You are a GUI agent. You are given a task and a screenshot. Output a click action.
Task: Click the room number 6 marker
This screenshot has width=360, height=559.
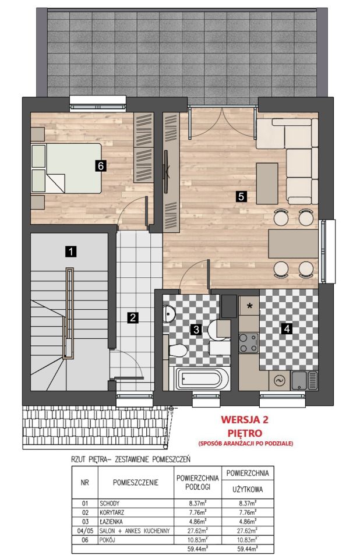click(x=101, y=166)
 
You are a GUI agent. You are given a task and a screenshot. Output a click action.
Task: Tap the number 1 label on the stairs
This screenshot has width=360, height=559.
click(x=71, y=252)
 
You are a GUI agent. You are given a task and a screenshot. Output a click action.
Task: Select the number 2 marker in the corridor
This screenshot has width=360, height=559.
click(x=133, y=317)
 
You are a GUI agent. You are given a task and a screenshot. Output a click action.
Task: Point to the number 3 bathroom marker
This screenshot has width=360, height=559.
click(x=196, y=330)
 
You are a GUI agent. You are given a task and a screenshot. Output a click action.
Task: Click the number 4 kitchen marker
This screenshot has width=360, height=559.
click(x=287, y=328)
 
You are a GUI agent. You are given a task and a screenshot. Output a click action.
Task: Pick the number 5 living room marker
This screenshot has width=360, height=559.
click(x=242, y=196)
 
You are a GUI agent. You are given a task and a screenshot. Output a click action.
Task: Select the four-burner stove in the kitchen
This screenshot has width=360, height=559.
click(x=248, y=342)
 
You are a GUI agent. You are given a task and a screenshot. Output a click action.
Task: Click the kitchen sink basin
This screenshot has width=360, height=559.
click(x=299, y=381)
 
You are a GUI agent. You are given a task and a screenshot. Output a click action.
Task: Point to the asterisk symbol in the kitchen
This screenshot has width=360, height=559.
click(x=250, y=306)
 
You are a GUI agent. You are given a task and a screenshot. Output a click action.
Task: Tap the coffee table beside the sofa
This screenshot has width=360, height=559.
click(x=267, y=183)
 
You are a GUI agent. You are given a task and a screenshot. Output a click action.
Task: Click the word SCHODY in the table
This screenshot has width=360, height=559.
click(x=110, y=503)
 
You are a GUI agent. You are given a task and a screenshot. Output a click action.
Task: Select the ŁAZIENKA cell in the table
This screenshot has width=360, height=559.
click(x=111, y=522)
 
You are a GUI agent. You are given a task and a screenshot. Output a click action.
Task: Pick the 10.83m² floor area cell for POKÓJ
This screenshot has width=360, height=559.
click(x=197, y=540)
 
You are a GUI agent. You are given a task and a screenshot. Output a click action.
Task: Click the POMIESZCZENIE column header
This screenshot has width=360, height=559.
click(x=136, y=483)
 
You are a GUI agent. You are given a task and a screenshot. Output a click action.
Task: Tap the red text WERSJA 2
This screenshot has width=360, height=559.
click(x=245, y=419)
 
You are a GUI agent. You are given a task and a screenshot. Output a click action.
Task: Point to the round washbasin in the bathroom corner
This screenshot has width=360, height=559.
click(x=168, y=314)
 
